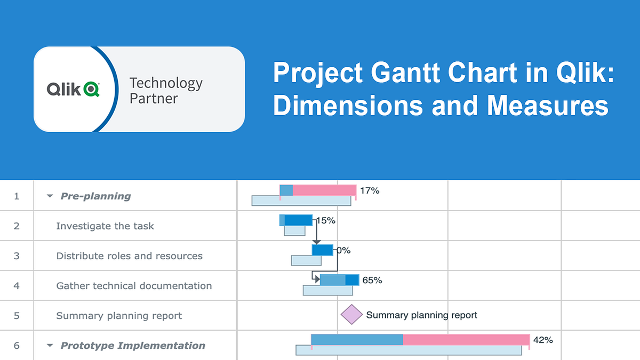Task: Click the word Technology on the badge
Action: click(166, 83)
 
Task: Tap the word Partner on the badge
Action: click(154, 99)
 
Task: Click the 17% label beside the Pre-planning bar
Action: click(370, 190)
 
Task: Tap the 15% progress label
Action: click(326, 220)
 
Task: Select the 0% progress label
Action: click(343, 250)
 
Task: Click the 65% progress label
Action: click(372, 279)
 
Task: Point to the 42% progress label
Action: click(543, 340)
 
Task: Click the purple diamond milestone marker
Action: click(351, 315)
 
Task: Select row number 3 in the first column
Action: click(17, 256)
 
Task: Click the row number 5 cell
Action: click(17, 316)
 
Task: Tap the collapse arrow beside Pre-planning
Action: click(50, 196)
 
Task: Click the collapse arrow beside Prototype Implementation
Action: click(50, 346)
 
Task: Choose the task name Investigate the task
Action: click(105, 226)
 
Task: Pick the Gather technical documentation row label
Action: click(134, 286)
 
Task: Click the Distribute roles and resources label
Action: click(129, 256)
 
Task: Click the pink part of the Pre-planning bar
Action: click(324, 190)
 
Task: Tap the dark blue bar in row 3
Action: click(323, 250)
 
